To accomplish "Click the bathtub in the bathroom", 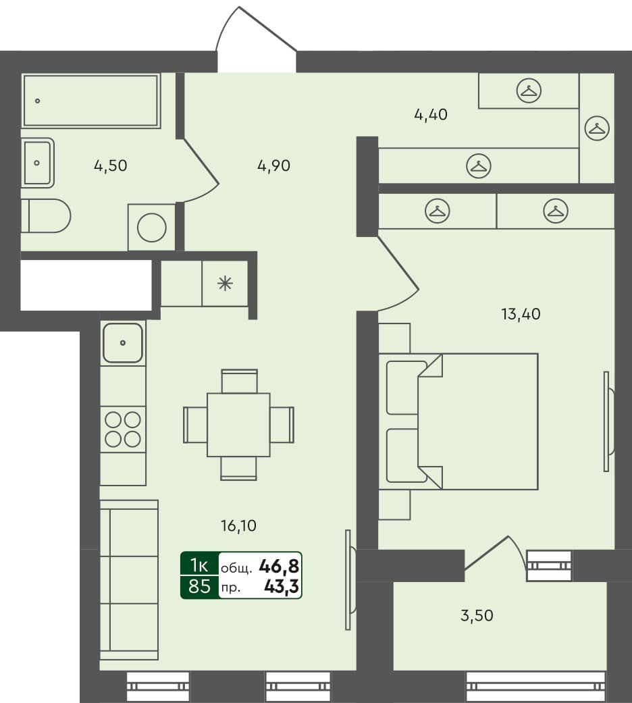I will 90,101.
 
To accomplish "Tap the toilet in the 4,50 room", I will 46,215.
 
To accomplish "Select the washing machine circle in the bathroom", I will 152,228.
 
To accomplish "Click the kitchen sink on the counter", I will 123,342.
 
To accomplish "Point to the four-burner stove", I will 123,429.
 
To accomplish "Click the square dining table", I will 238,425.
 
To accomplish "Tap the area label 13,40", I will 520,313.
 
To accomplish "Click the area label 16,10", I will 238,525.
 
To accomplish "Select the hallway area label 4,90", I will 273,165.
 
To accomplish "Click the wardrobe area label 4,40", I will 430,115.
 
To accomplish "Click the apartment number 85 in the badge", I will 199,586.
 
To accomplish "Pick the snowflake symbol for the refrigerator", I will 225,284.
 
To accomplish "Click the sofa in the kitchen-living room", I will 128,579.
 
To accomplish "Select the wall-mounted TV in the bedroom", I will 607,421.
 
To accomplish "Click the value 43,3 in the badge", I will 282,587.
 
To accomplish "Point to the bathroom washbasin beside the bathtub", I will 37,163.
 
